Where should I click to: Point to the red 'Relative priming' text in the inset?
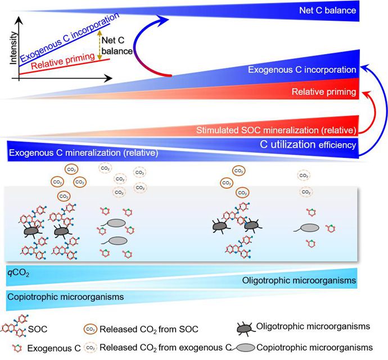pos(60,65)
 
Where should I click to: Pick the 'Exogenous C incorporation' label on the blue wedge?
pos(302,70)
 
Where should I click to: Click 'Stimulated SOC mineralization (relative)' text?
pos(276,131)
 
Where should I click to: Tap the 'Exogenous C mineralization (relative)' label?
pos(83,152)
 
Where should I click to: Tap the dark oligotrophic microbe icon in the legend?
pos(241,326)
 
